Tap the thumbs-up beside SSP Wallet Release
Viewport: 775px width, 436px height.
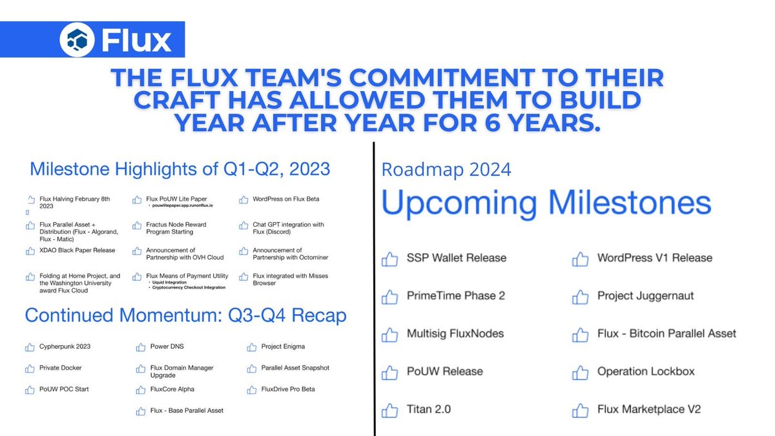tap(389, 259)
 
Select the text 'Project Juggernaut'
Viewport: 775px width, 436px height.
tap(645, 296)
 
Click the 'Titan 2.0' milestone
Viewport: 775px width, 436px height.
tap(429, 410)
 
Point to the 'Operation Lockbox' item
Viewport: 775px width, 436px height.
tap(646, 371)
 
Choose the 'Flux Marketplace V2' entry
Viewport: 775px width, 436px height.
tap(649, 410)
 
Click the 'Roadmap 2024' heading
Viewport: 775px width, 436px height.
tap(446, 170)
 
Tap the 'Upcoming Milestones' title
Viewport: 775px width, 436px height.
tap(546, 203)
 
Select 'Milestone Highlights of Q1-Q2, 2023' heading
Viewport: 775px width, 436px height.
tap(180, 170)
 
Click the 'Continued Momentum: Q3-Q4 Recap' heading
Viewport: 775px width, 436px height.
tap(185, 315)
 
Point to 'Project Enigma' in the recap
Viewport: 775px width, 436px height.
tap(283, 347)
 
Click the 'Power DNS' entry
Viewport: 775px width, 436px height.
tap(167, 347)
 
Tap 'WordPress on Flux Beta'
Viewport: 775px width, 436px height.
tap(286, 199)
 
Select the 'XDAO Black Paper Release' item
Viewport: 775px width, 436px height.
tap(77, 250)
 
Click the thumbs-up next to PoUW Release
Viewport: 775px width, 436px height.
tap(389, 373)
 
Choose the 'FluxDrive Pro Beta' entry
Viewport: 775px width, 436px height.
tap(288, 389)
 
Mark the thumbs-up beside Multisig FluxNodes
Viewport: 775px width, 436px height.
tap(389, 335)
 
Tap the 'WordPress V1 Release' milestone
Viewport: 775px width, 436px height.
tap(654, 258)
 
